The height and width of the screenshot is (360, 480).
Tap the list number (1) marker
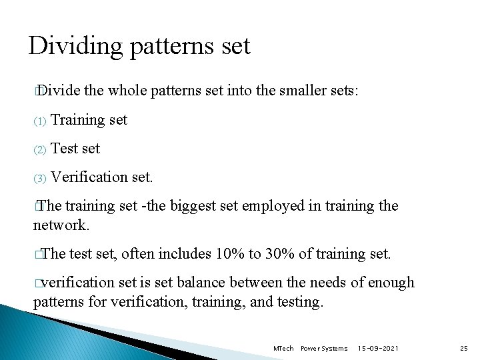click(x=39, y=121)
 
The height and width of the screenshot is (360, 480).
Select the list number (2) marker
click(x=39, y=150)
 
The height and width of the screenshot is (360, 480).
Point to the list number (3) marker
click(x=39, y=179)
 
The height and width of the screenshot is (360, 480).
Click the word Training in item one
click(x=78, y=120)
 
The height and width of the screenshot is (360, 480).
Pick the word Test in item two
click(x=64, y=149)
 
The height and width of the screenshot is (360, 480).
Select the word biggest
click(x=195, y=206)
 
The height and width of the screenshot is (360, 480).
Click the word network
click(x=61, y=225)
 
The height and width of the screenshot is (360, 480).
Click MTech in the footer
click(x=283, y=348)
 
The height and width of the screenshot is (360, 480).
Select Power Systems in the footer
click(x=324, y=348)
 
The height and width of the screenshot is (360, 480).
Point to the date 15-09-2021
click(x=379, y=348)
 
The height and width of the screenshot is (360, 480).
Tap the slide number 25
click(x=464, y=348)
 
